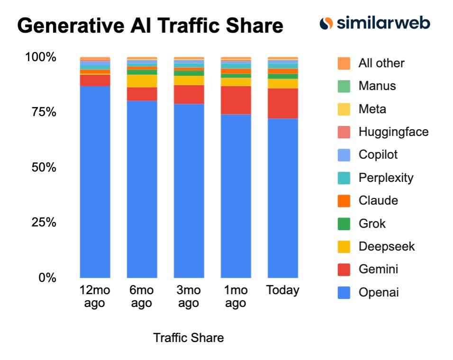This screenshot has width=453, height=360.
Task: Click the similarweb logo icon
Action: click(x=326, y=23)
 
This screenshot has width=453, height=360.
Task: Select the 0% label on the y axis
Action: click(x=46, y=278)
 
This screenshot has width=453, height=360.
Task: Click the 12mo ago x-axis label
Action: click(x=95, y=297)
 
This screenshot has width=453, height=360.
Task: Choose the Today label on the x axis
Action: click(x=283, y=290)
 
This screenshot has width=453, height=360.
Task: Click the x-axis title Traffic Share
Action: click(x=188, y=338)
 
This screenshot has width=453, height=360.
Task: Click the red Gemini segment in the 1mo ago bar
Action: click(x=236, y=100)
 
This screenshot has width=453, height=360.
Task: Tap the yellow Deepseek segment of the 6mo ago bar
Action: click(x=142, y=81)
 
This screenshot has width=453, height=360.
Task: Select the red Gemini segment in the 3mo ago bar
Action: click(x=189, y=94)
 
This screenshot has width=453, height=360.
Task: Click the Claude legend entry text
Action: click(x=378, y=200)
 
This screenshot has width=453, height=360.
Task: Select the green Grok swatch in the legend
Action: click(x=344, y=224)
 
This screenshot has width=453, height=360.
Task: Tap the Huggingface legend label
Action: click(x=393, y=132)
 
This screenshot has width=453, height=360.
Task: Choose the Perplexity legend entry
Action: click(x=386, y=178)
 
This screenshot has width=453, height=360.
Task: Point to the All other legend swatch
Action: click(x=344, y=63)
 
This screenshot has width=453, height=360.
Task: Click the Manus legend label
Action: click(x=377, y=86)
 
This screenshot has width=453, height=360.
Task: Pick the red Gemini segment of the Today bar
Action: click(x=283, y=103)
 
